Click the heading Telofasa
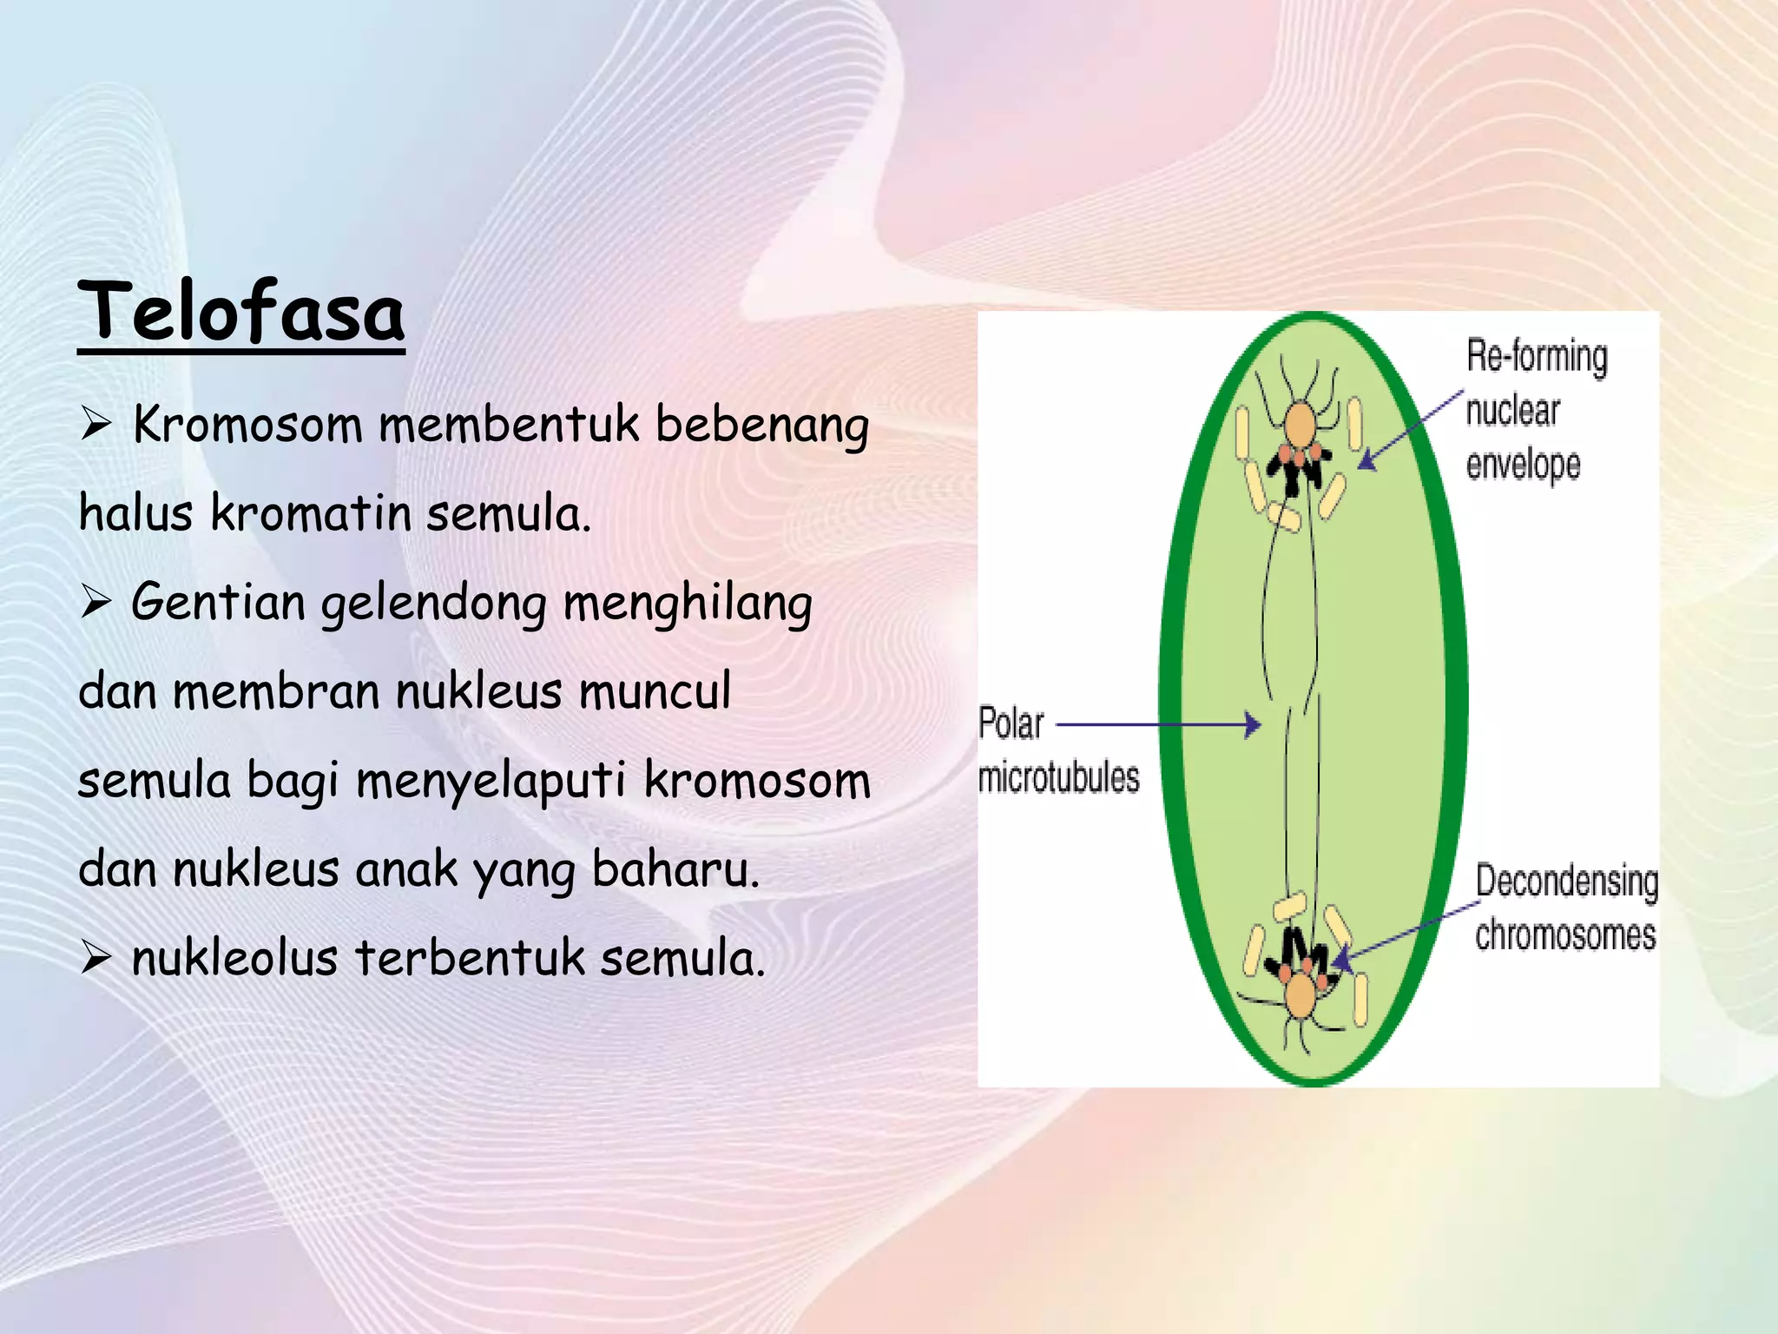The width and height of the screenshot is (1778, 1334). coord(241,313)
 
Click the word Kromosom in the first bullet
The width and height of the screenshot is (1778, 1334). coord(247,426)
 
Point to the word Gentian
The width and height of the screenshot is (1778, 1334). coord(218,602)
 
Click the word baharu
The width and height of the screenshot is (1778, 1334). coord(675,869)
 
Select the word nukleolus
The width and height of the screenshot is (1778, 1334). coord(234,958)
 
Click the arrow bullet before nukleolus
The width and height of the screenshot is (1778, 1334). coord(95,959)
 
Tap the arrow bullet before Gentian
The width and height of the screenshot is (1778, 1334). coord(95,602)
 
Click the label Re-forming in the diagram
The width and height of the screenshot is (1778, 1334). coord(1537,357)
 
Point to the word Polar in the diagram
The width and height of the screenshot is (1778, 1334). coord(1011,723)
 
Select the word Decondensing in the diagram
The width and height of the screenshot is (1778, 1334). coord(1566,882)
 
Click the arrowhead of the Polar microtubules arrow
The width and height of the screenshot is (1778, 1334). coord(1253,723)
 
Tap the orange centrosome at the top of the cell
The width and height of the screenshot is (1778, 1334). coord(1300,426)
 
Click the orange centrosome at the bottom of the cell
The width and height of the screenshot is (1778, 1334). coord(1300,995)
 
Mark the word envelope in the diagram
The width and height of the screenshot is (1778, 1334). coord(1523,466)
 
